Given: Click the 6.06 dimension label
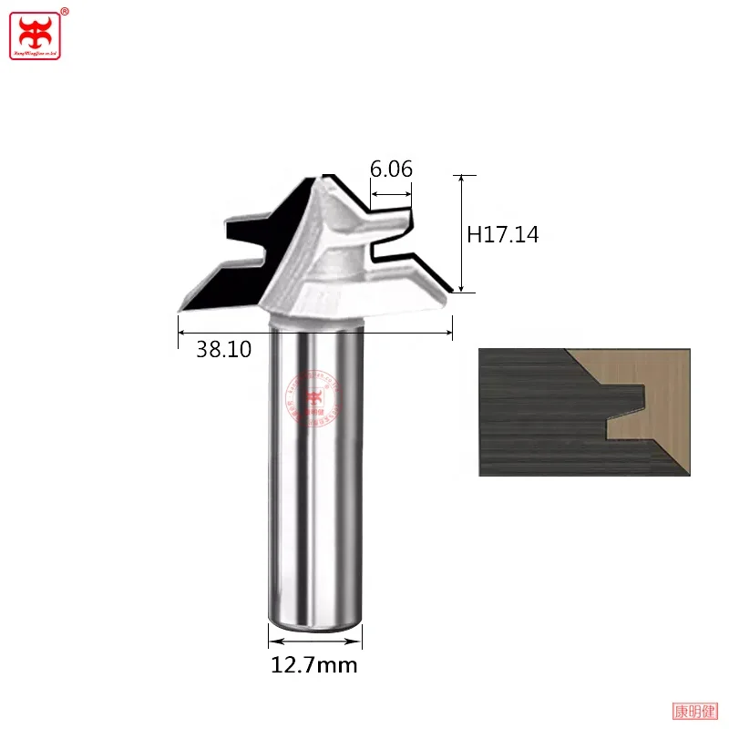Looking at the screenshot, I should click(391, 169).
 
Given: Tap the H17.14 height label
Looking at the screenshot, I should click(502, 234).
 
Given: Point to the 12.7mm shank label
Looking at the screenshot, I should click(314, 665).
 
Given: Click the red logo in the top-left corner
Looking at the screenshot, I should click(35, 34).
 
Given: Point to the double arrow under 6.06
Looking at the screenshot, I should click(391, 193).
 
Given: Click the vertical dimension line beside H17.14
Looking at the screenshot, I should click(462, 233).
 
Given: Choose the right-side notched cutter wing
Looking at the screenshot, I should click(401, 246).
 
